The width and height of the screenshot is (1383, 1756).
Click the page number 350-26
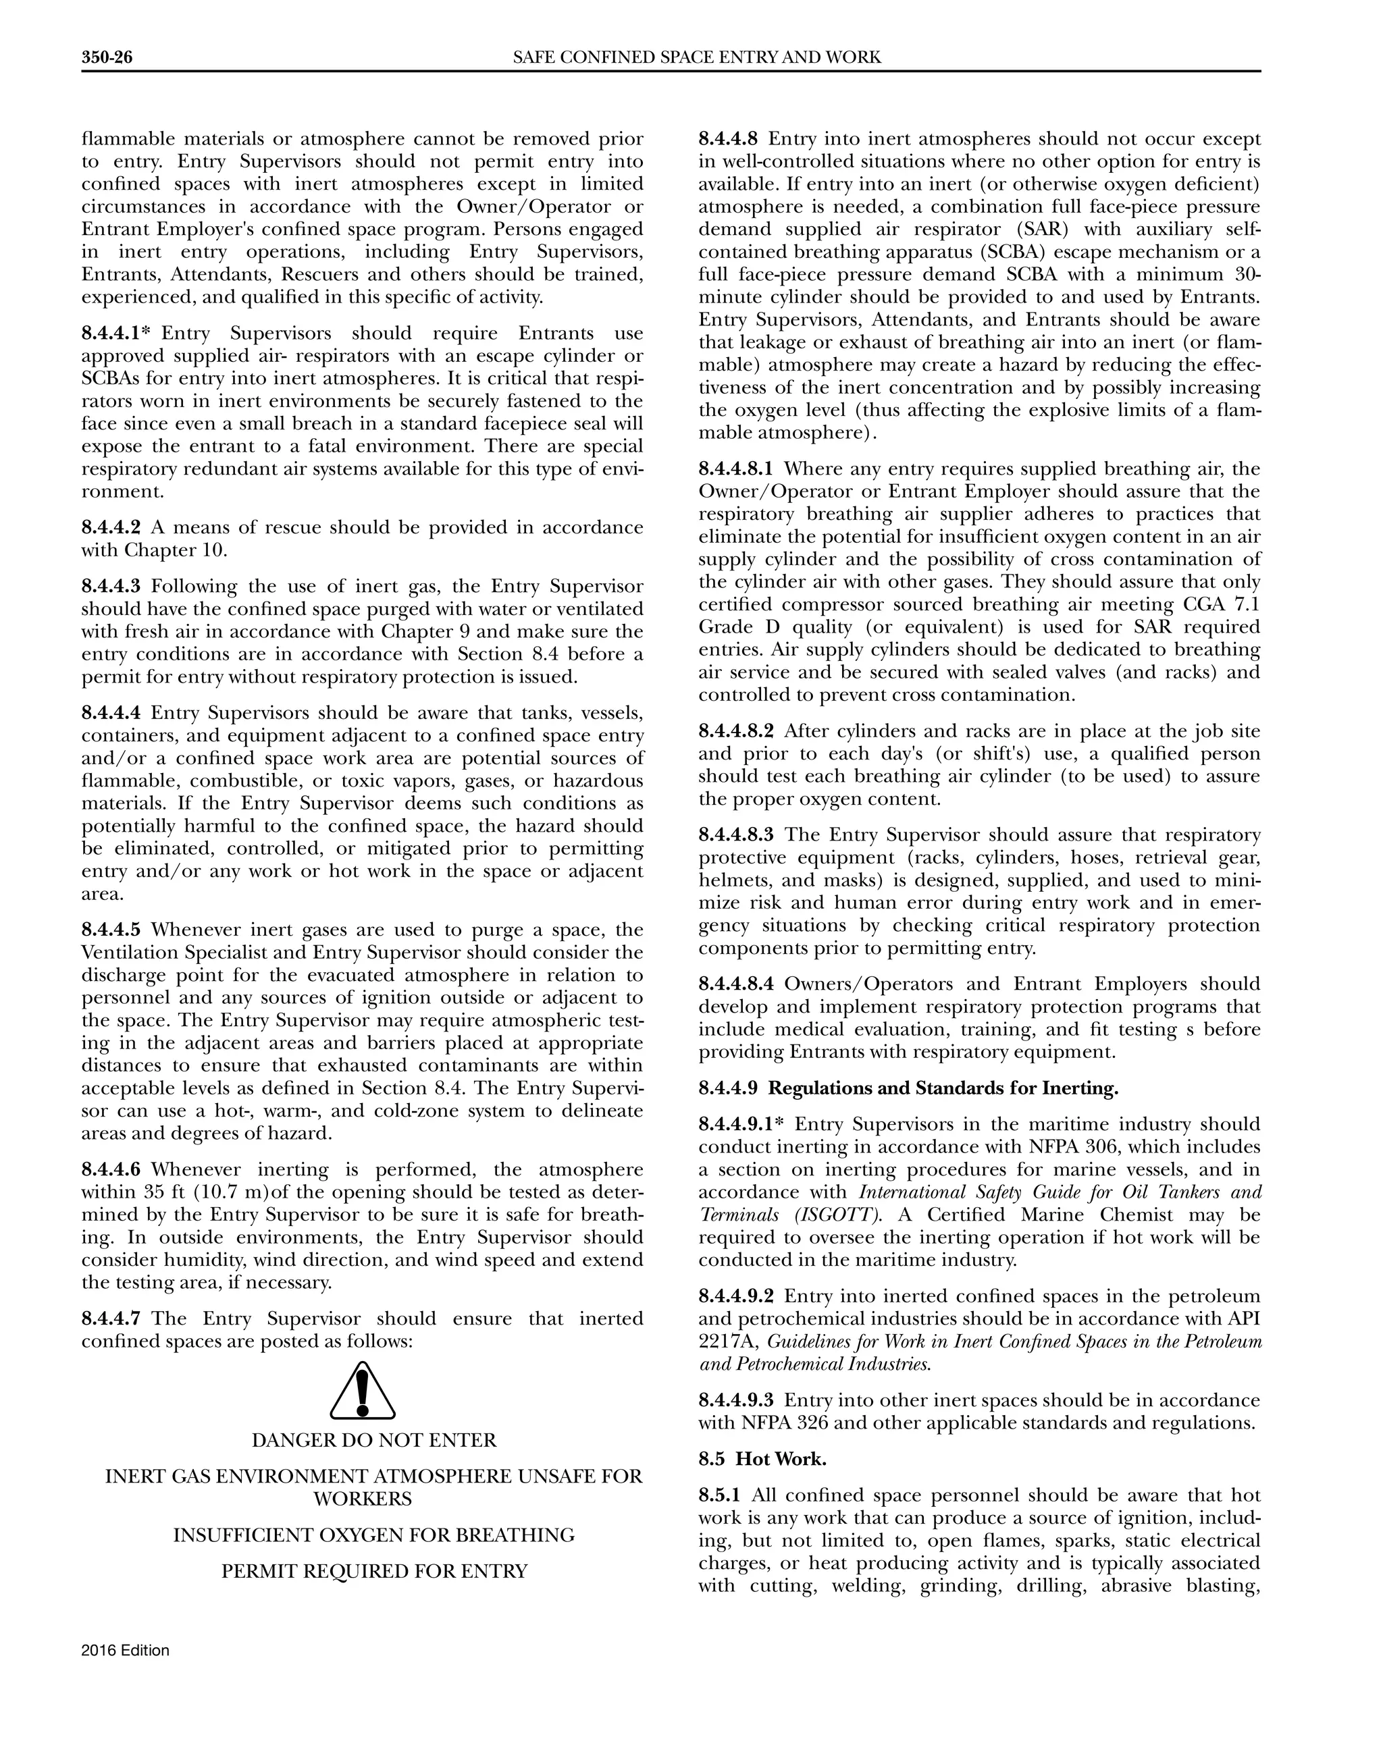click(106, 57)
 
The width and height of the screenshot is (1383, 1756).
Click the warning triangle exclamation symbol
click(363, 1390)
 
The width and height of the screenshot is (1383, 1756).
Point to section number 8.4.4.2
click(111, 528)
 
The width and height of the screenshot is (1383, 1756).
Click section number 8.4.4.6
click(111, 1170)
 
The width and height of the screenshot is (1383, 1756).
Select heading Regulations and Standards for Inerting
click(943, 1089)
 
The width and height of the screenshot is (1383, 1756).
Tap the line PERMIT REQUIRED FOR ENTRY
click(374, 1572)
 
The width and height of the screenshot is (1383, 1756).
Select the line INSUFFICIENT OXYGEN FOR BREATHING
click(374, 1536)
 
